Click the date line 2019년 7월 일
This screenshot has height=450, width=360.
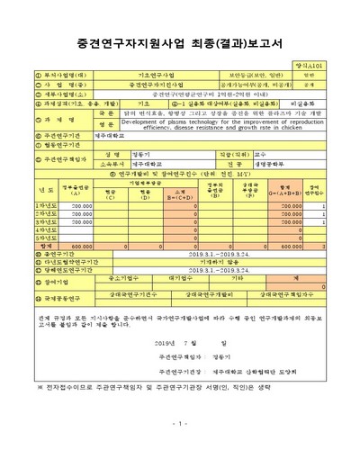tap(197, 343)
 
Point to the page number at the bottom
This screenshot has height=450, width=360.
tap(179, 423)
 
